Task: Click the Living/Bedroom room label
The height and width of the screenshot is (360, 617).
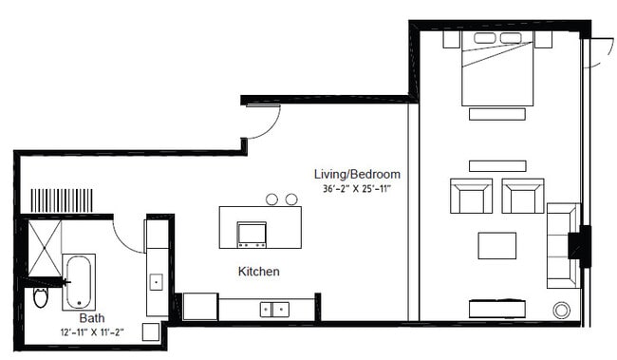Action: tap(357, 175)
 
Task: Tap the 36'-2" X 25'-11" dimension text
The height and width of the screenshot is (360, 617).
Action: tap(357, 189)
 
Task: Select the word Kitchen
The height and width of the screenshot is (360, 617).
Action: tap(258, 272)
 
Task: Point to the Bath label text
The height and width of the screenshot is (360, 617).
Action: tap(92, 318)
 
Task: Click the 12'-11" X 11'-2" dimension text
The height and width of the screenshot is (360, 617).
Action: tap(91, 332)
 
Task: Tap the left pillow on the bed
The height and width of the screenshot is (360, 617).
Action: tap(484, 38)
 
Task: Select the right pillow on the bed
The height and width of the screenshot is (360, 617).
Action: tap(512, 38)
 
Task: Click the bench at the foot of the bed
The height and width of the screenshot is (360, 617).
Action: tap(496, 114)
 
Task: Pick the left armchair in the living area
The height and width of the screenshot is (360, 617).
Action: tap(471, 196)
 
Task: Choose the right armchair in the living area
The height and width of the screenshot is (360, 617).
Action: tap(522, 196)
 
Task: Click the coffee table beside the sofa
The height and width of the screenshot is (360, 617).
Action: tap(496, 245)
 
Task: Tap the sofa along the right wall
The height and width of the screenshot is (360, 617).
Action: tap(562, 245)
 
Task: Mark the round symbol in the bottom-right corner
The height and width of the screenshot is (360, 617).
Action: tap(561, 310)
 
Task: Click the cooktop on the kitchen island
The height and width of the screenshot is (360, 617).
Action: tap(252, 233)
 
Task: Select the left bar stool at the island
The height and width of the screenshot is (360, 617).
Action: tap(271, 199)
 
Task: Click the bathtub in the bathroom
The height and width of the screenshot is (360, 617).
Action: tap(79, 282)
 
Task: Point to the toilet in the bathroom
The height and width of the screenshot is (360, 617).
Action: tap(40, 296)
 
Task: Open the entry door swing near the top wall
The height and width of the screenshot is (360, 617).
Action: tap(264, 121)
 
